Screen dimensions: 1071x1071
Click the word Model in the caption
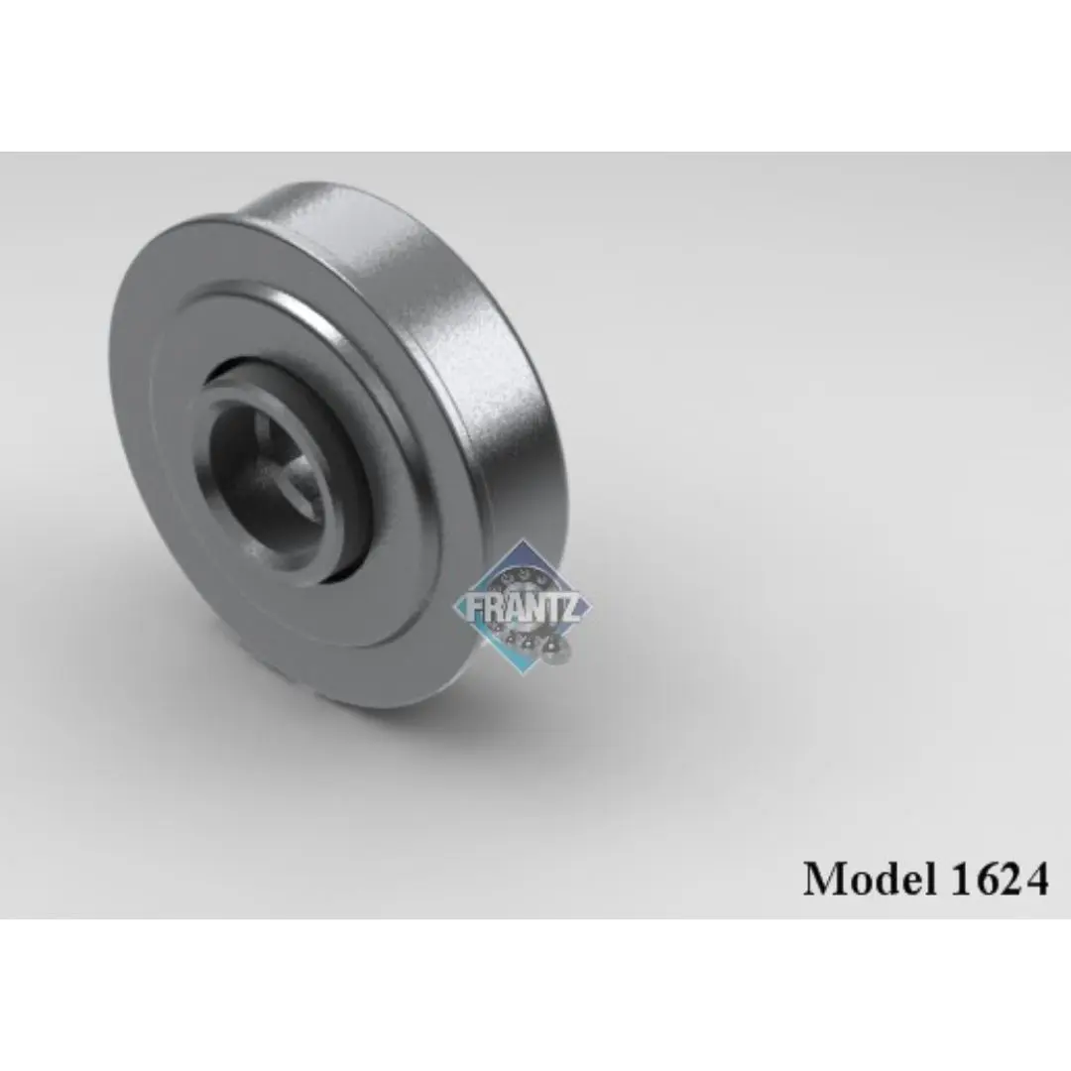[x=869, y=878]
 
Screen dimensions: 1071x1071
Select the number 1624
[x=999, y=879]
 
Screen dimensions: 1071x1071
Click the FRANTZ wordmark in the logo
[x=524, y=608]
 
